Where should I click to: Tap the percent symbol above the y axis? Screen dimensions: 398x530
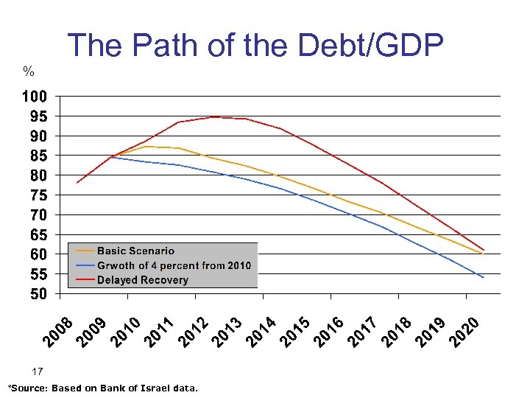tap(29, 71)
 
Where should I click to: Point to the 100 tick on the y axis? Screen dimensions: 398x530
tap(35, 97)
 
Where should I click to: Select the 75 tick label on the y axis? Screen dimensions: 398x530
tap(39, 195)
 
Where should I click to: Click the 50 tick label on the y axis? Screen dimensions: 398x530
tap(39, 294)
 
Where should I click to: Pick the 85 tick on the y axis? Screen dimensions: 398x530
tap(39, 156)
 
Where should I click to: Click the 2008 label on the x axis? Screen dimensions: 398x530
tap(58, 332)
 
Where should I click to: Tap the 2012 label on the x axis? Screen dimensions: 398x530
tap(194, 332)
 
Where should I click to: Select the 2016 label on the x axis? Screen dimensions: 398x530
tap(330, 332)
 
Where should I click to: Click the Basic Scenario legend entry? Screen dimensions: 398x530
tap(135, 251)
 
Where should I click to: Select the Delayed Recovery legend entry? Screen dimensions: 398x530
tap(142, 280)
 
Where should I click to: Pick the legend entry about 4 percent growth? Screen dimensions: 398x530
tap(174, 265)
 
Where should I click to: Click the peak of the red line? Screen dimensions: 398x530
tap(213, 116)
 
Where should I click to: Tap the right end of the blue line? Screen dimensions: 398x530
tap(484, 278)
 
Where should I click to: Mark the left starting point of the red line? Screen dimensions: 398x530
tap(77, 183)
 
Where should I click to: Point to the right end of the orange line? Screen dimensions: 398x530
tap(482, 254)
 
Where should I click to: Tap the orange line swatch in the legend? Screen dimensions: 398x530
tap(84, 251)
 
